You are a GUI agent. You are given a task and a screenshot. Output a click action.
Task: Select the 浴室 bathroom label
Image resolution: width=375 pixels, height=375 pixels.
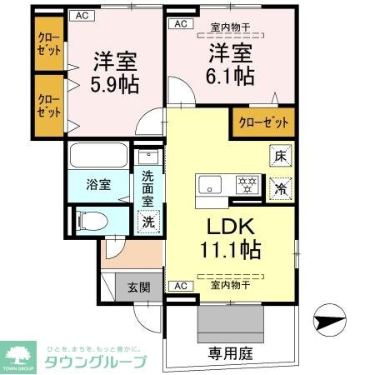click(98, 185)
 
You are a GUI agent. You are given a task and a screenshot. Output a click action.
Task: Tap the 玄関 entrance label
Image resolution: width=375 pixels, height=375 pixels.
click(138, 288)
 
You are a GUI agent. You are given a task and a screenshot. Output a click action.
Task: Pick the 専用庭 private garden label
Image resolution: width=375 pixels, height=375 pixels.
click(230, 353)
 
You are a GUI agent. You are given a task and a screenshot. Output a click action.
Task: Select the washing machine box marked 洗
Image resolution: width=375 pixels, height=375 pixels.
click(147, 222)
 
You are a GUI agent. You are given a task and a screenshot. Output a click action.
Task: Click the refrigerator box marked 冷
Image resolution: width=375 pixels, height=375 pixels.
click(280, 188)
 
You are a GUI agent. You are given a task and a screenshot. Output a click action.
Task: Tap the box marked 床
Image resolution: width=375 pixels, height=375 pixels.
click(280, 155)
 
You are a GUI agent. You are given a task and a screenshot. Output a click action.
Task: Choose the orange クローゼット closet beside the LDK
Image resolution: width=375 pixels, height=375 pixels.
click(263, 122)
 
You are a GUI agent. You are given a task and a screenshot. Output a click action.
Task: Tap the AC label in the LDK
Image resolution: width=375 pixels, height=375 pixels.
click(177, 286)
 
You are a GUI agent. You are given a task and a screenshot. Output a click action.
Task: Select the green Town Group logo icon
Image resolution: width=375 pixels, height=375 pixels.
click(22, 354)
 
